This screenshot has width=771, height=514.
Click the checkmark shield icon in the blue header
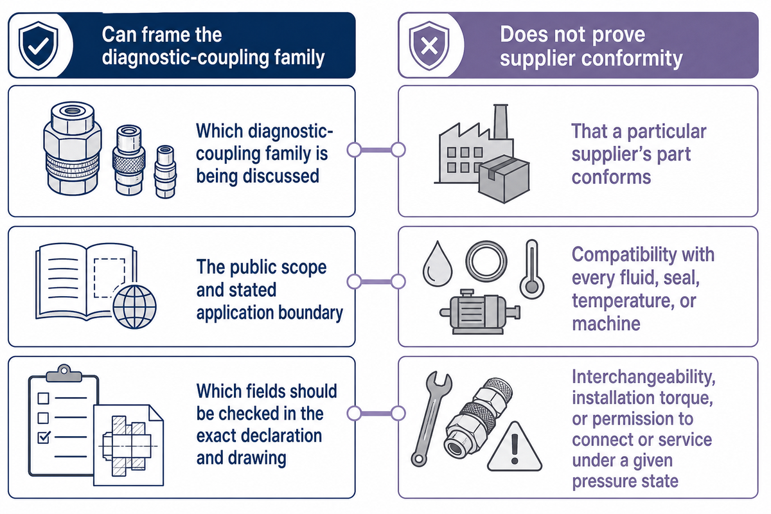coord(38,46)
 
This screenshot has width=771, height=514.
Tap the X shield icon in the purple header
coord(429,46)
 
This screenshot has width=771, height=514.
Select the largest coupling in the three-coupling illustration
coord(72,148)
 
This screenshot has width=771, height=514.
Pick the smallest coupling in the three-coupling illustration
coord(166,172)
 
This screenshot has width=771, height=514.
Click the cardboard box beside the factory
coord(504,179)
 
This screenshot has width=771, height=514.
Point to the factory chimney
coord(501,122)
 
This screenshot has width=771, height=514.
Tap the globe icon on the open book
coord(134,306)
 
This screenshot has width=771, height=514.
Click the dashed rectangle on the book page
coord(109,278)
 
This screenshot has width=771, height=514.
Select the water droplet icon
coord(438,263)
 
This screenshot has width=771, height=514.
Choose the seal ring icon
coord(486,261)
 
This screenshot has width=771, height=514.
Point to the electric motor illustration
coord(479,312)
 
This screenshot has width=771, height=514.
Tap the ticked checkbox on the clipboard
coord(44,438)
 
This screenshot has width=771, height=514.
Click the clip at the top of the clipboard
coord(64,373)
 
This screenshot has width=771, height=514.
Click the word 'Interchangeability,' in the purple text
coord(644,378)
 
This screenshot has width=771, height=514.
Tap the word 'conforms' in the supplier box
coord(611,177)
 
